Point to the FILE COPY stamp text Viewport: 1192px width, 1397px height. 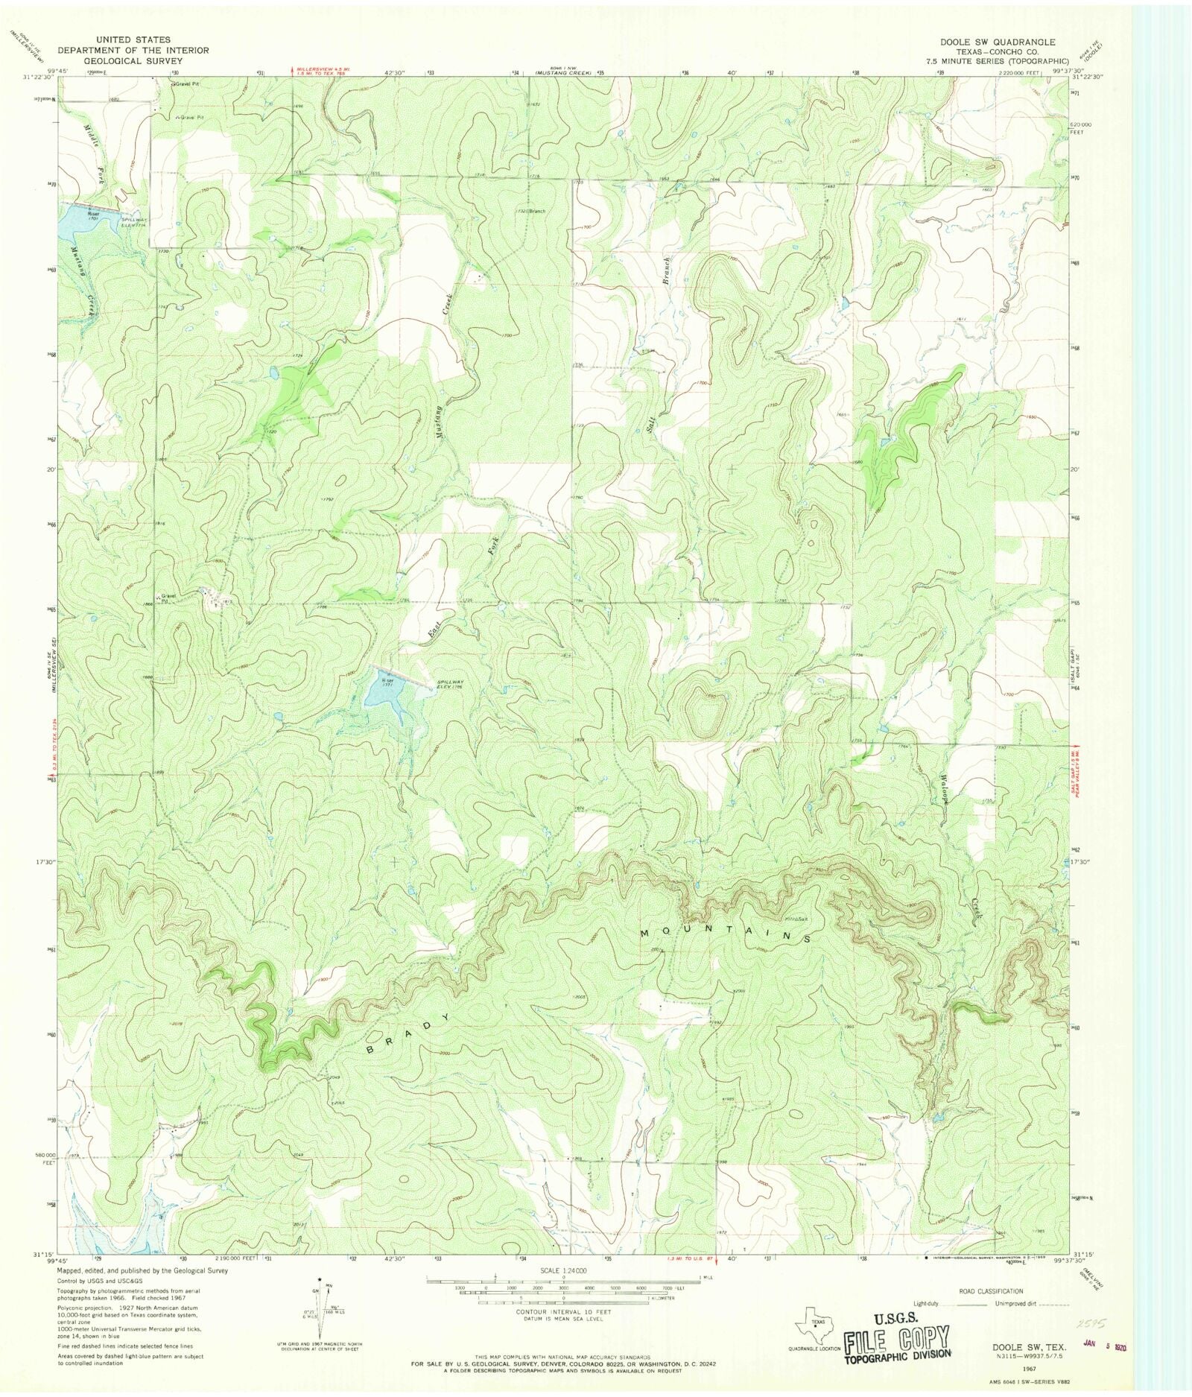point(897,1339)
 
